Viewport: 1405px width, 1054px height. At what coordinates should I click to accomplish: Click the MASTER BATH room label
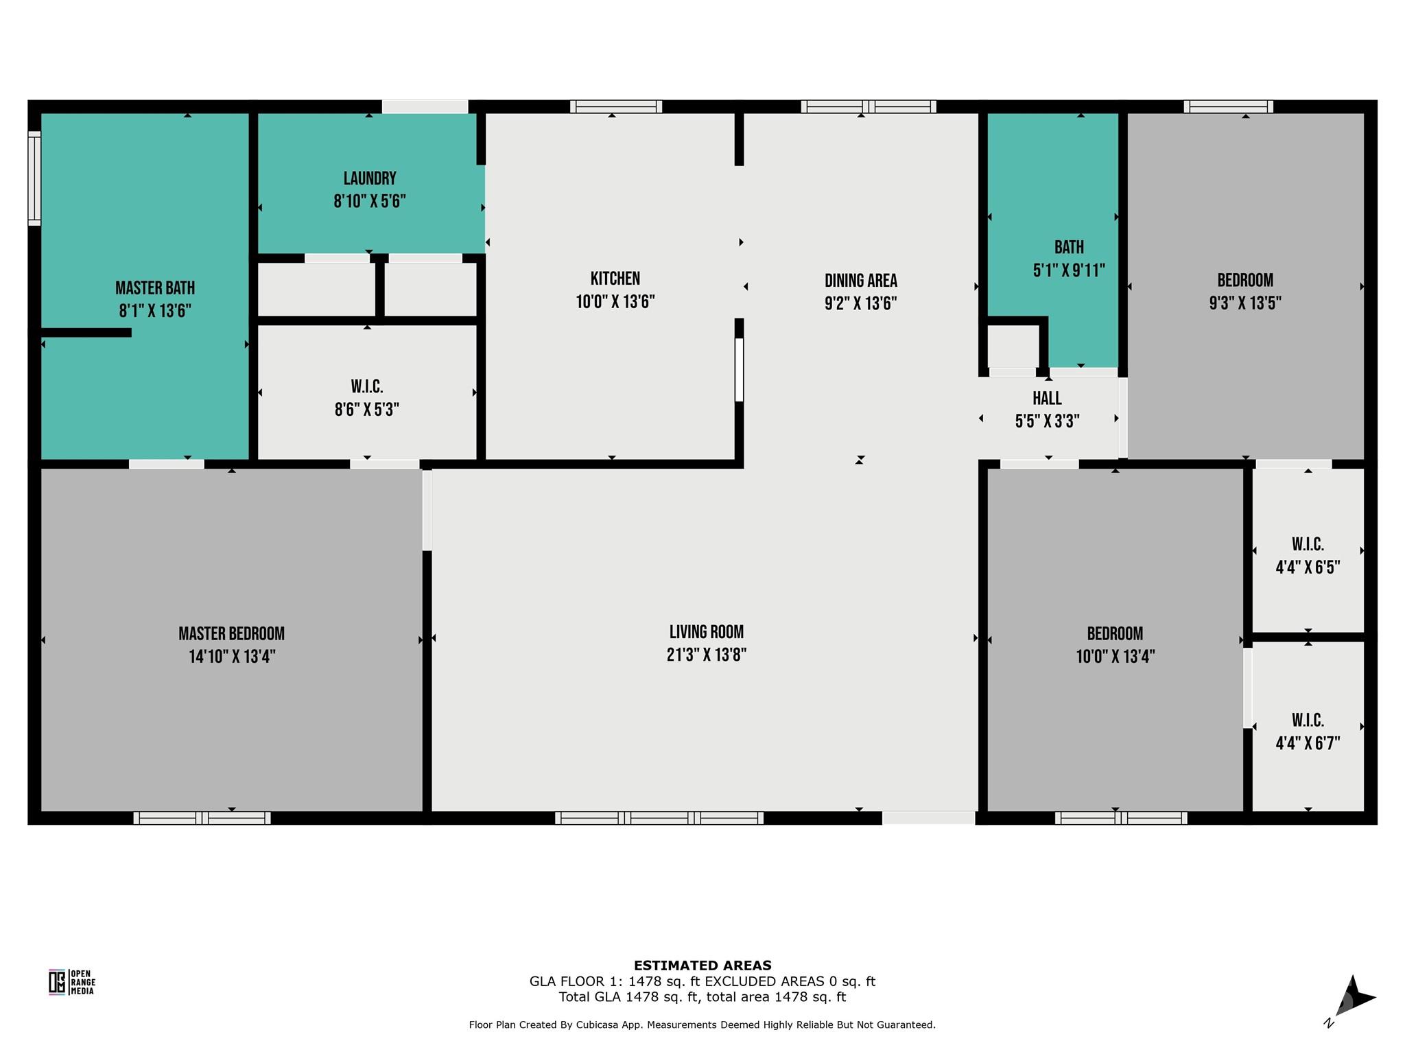coord(155,288)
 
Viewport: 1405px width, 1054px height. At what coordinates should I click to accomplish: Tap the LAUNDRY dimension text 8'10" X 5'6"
coord(370,202)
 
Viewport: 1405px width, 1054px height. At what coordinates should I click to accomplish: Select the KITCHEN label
coord(615,279)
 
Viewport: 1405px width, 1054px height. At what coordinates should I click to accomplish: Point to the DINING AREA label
coord(861,281)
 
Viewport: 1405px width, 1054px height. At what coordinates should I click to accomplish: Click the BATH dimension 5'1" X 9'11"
coord(1069,270)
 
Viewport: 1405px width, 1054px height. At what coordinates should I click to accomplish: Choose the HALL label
coord(1047,398)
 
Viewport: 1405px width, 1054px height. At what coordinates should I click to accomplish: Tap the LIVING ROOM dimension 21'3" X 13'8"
coord(707,655)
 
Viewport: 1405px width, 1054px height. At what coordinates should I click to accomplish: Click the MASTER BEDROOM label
coord(232,633)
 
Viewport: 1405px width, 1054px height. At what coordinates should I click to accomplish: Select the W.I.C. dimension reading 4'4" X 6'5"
coord(1308,567)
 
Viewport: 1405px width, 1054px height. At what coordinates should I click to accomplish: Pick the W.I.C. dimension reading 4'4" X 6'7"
coord(1308,743)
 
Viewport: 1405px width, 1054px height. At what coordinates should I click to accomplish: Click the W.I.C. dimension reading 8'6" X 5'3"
coord(367,410)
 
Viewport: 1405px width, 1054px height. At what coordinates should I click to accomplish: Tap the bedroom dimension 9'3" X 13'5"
coord(1245,303)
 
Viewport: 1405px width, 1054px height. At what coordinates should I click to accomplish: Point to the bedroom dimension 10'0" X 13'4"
coord(1115,657)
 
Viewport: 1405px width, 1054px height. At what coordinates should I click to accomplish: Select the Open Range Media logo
coord(71,982)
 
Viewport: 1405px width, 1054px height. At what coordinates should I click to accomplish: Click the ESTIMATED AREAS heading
coord(702,965)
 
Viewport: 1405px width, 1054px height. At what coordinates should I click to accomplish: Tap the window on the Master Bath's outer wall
coord(34,178)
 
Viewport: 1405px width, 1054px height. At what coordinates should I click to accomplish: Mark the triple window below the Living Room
coord(659,818)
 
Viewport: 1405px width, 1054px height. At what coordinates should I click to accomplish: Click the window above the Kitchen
coord(616,106)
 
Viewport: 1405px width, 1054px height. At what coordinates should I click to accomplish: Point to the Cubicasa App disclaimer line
coord(702,1024)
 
